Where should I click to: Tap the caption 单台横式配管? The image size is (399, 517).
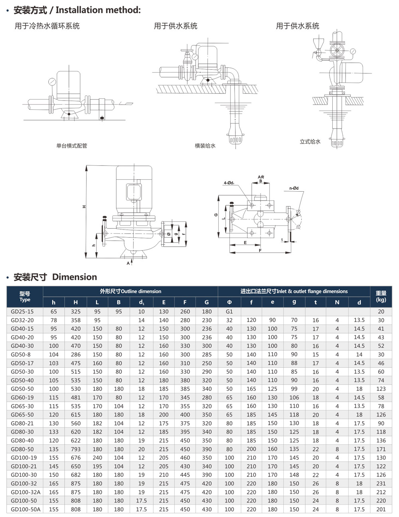[72, 146]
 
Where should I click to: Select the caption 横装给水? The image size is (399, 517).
[205, 146]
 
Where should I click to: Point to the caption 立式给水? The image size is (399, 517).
[310, 142]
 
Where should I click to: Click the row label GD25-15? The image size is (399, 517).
[22, 311]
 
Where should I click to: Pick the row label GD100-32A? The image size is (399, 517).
[26, 492]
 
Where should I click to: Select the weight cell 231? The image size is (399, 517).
[381, 483]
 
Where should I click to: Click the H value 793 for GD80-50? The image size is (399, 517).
[75, 449]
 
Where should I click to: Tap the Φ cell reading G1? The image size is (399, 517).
[229, 311]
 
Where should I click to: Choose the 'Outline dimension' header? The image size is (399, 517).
[130, 291]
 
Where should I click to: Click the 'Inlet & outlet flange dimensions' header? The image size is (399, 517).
[294, 291]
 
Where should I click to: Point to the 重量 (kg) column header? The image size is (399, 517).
[381, 296]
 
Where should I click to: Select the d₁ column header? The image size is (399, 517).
[141, 303]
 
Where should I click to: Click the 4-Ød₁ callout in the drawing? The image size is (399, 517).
[229, 183]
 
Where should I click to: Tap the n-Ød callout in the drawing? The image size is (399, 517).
[294, 188]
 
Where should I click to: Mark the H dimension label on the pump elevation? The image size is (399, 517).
[84, 206]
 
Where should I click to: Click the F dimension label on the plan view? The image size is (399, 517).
[260, 250]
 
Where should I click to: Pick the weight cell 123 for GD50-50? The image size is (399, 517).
[381, 389]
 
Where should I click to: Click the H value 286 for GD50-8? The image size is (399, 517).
[75, 355]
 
